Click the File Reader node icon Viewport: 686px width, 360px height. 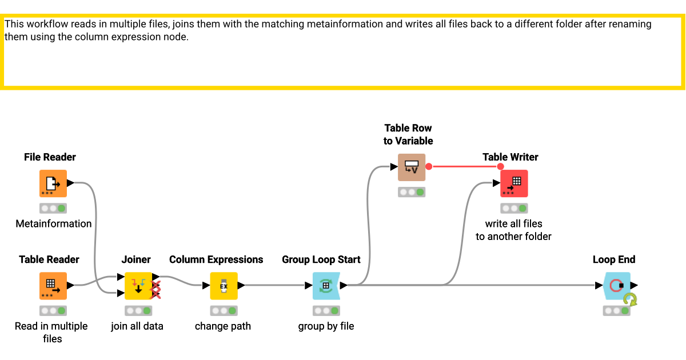(53, 183)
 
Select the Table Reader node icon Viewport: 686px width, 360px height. (53, 286)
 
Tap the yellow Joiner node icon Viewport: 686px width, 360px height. (138, 286)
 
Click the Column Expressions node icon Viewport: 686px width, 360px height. (224, 286)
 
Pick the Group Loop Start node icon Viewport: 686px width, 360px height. (326, 286)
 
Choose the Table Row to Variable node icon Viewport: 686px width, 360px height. (412, 167)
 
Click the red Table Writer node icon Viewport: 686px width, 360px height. (514, 183)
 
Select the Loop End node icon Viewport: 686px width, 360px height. (616, 286)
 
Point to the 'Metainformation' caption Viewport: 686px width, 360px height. (54, 223)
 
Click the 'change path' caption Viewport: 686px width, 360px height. (223, 326)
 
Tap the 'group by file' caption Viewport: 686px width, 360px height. (326, 326)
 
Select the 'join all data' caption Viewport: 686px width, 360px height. (137, 326)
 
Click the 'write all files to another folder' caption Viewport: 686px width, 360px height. (513, 230)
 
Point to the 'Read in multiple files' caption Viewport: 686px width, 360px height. (51, 332)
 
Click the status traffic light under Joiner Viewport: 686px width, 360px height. (138, 311)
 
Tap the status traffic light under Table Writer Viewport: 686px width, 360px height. (514, 209)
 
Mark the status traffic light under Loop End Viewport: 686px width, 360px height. (616, 311)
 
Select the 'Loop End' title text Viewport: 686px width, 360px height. (614, 259)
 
